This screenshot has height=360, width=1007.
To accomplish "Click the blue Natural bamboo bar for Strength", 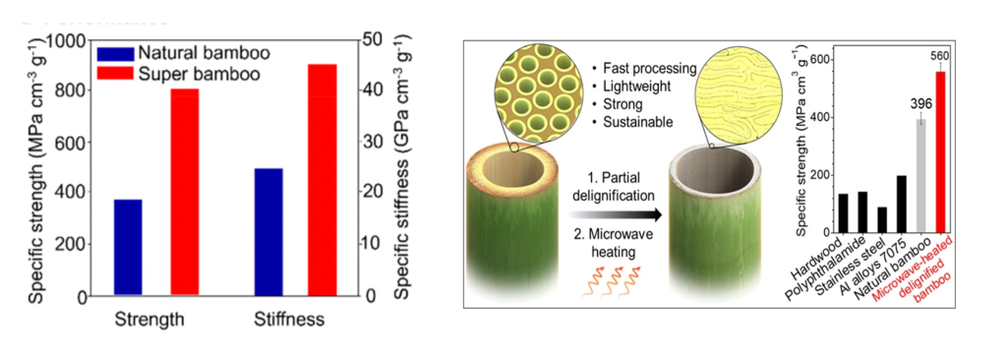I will (x=128, y=246).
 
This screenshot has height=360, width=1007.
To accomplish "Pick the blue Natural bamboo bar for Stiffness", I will (x=268, y=231).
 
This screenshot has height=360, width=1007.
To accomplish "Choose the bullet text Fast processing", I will (x=644, y=69).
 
